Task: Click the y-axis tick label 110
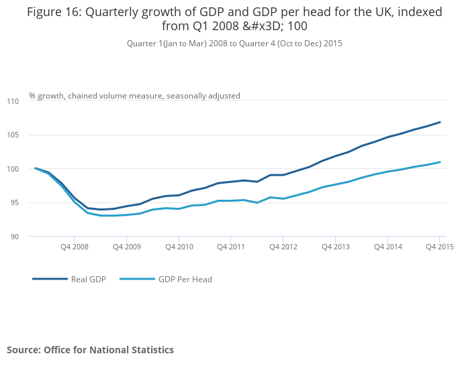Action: tap(13, 101)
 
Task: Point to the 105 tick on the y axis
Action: tap(13, 135)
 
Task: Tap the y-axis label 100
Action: tap(13, 169)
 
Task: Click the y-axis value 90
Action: tap(15, 237)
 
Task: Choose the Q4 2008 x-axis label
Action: tap(73, 247)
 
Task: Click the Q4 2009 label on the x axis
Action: tap(126, 247)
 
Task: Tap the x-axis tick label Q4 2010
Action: tap(178, 247)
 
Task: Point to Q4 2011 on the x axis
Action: tap(230, 247)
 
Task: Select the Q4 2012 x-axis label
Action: tap(283, 247)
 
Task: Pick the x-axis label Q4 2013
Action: tap(335, 247)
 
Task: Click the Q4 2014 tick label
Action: tap(387, 247)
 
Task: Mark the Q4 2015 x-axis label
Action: tap(440, 247)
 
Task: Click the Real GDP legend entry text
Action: tap(89, 280)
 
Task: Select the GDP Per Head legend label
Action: tap(185, 280)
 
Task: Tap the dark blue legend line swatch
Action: tap(50, 279)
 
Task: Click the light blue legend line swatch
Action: tap(136, 279)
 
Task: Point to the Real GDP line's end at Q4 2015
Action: tap(440, 122)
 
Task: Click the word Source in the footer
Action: tap(23, 350)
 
